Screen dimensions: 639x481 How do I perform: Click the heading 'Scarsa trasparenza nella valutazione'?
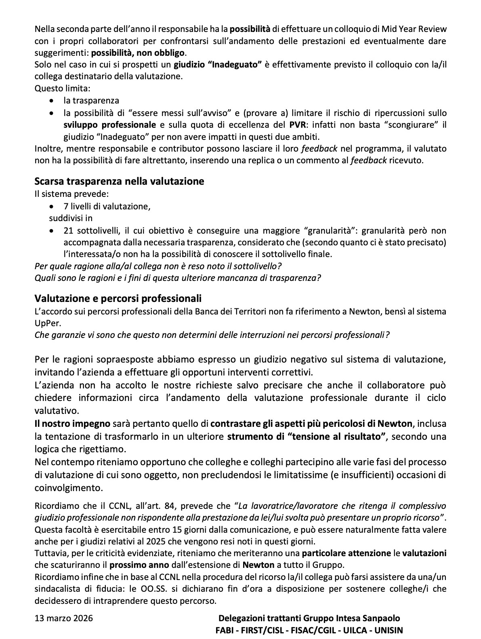coord(119,181)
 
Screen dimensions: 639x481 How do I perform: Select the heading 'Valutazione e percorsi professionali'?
coord(118,299)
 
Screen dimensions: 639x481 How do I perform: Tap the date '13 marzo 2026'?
coord(64,618)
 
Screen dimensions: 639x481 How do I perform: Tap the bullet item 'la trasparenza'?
coord(91,101)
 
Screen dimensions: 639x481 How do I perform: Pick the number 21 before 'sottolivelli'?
coord(68,231)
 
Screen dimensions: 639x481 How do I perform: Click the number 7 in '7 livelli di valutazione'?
coord(66,207)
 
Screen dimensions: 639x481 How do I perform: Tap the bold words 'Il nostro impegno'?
coord(72,424)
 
